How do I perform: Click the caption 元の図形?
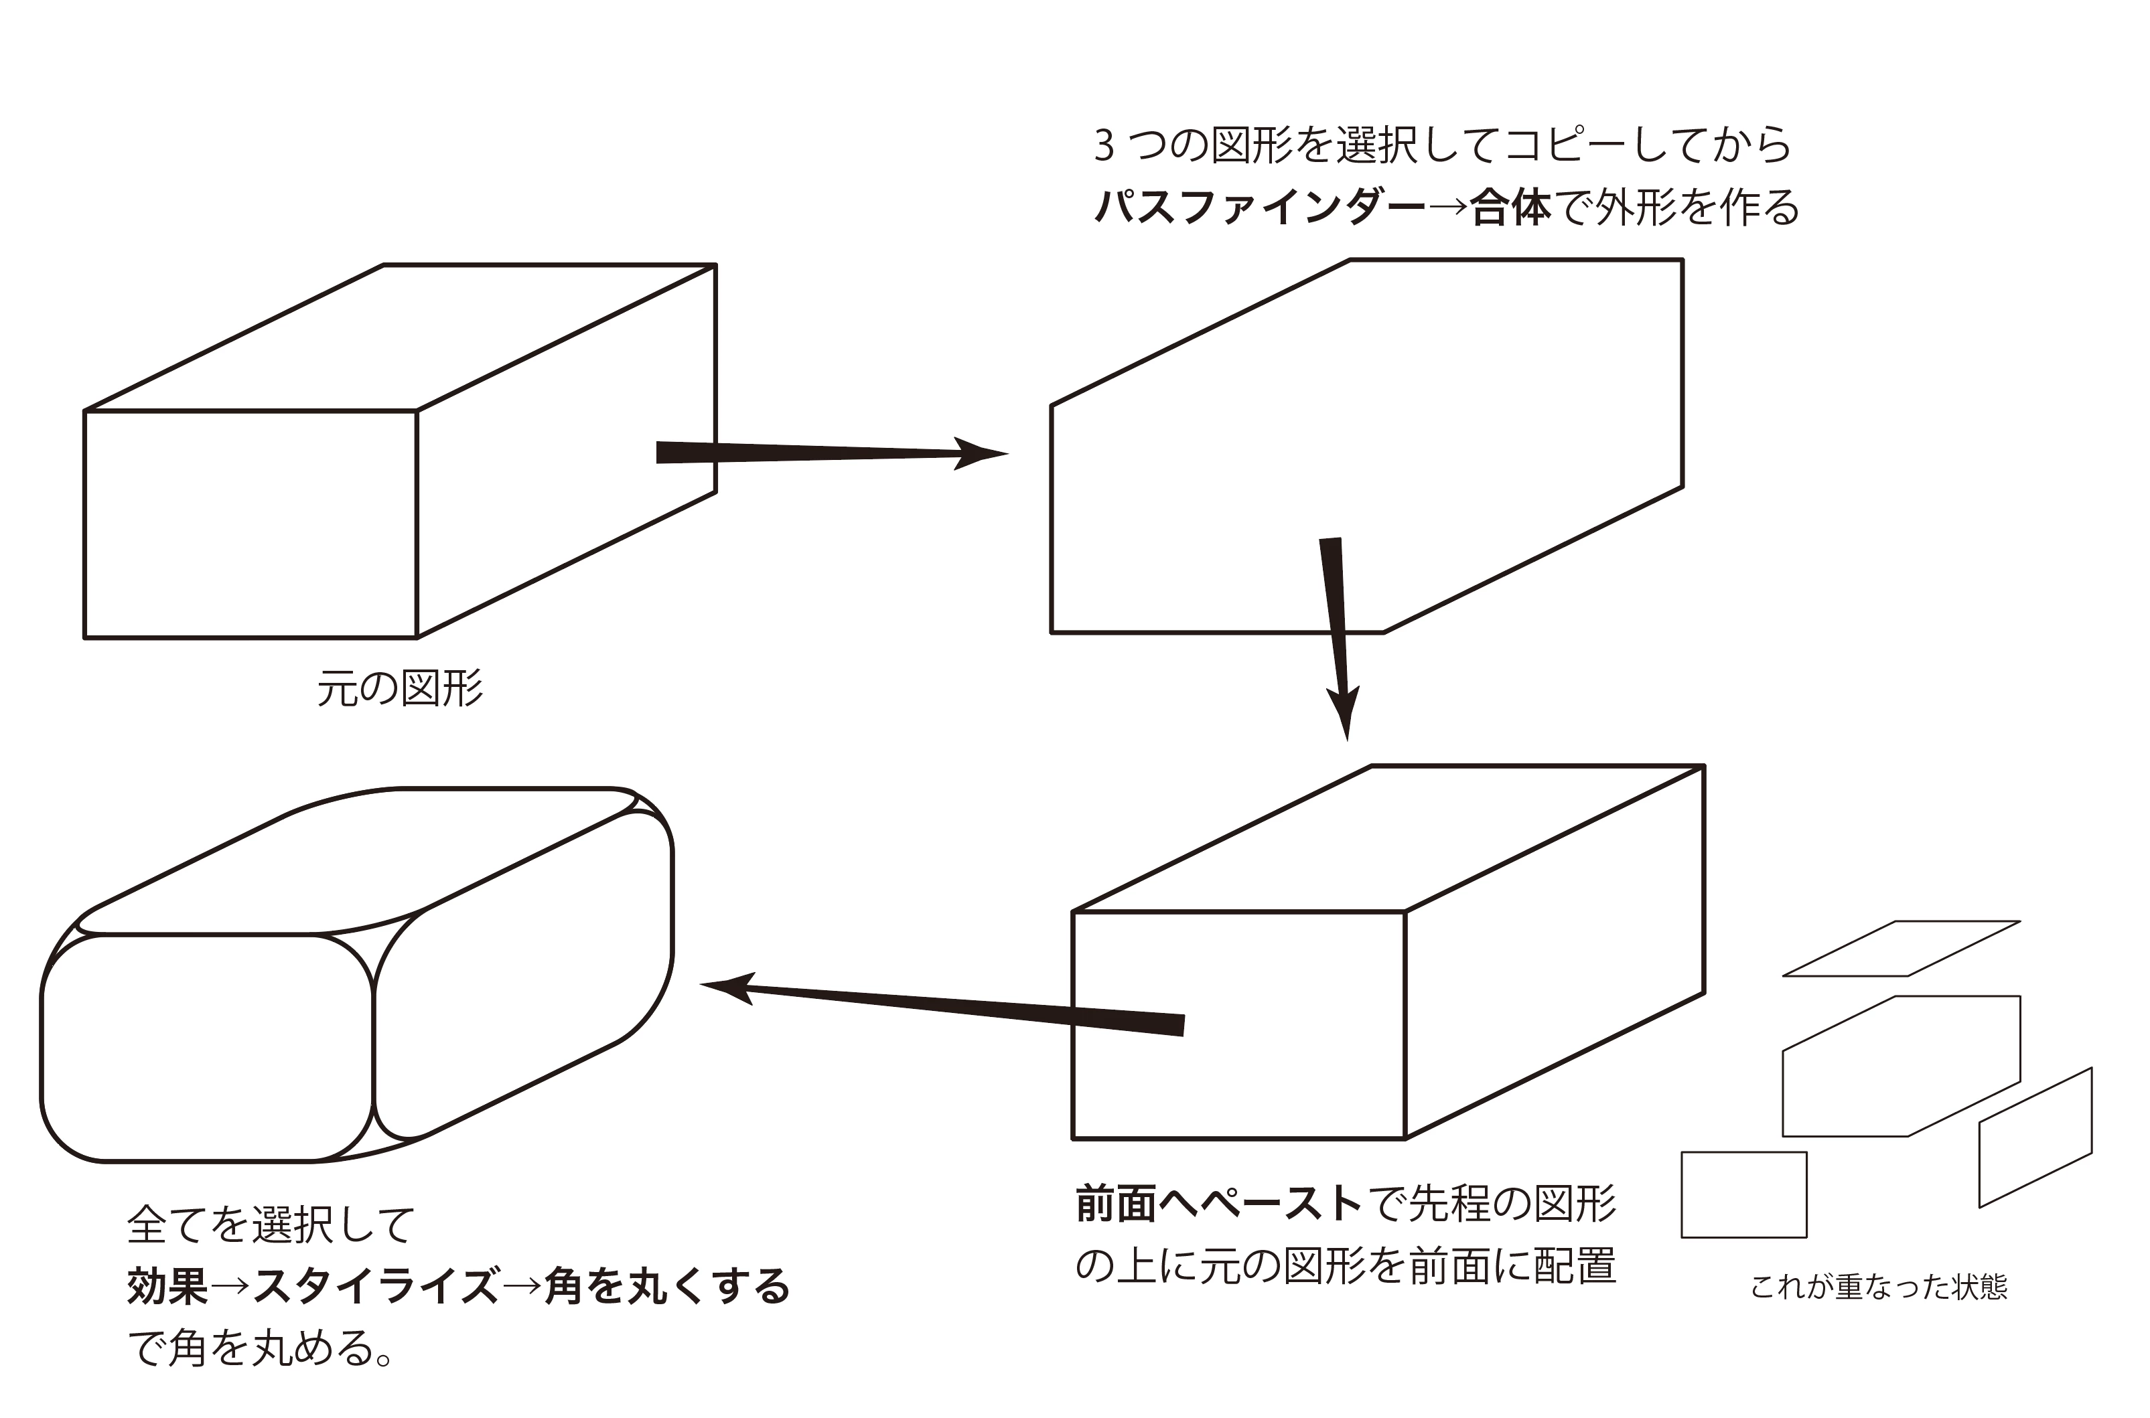(x=400, y=689)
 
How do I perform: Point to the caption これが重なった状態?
(x=1879, y=1286)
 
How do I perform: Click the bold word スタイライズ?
(x=375, y=1286)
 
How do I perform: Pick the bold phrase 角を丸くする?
(x=666, y=1286)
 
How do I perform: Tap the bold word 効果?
(x=167, y=1286)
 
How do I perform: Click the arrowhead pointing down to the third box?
(x=1345, y=712)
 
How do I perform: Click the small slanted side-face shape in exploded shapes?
(x=2035, y=1137)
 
